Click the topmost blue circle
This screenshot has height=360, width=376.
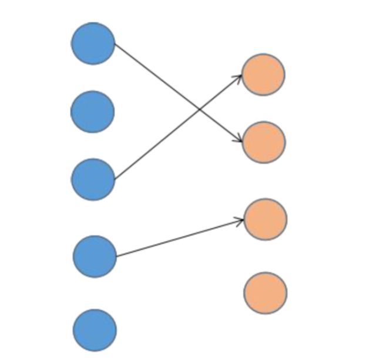tap(93, 43)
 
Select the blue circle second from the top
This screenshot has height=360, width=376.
tap(92, 111)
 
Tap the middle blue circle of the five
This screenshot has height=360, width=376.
tap(93, 179)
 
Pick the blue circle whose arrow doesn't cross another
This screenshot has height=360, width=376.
tap(95, 256)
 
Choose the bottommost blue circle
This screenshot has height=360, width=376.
tap(95, 330)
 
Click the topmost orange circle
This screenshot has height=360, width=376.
tap(263, 74)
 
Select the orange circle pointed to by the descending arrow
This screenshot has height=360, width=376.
tap(264, 142)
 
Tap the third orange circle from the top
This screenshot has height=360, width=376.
tap(265, 219)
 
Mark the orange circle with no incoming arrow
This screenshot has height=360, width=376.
tap(265, 292)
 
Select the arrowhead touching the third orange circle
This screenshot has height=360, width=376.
tap(240, 221)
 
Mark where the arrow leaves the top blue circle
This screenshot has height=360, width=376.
tap(115, 44)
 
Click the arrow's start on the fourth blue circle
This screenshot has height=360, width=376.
tap(116, 256)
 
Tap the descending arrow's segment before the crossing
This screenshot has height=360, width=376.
tap(156, 76)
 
